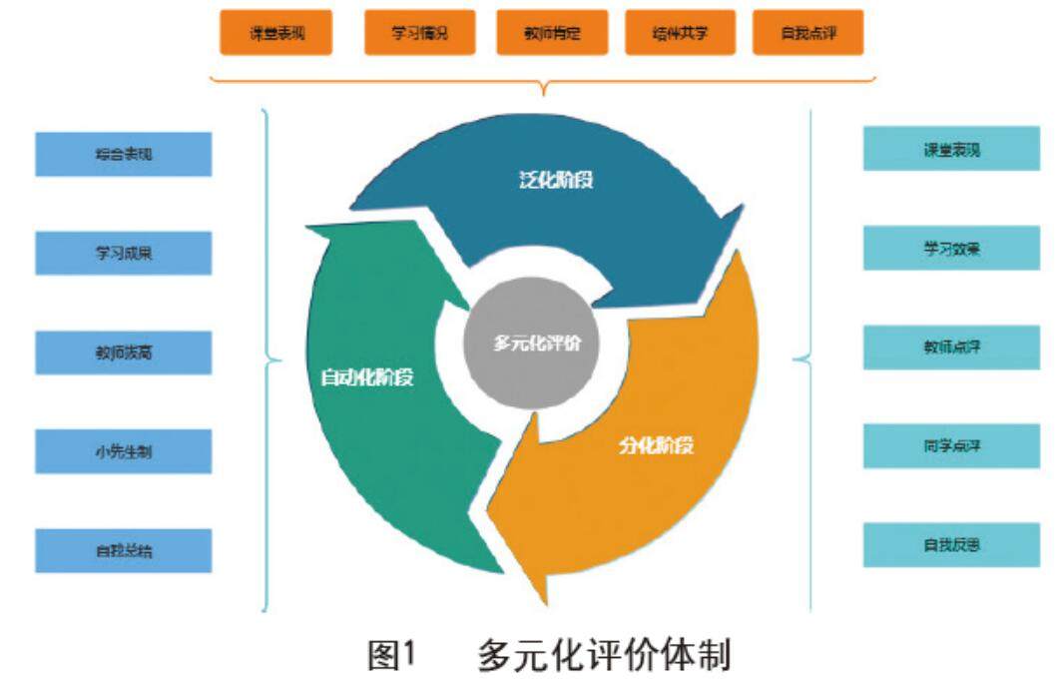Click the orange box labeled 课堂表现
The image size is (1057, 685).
277,34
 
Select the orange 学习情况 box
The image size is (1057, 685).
419,34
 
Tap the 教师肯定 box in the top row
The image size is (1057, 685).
552,34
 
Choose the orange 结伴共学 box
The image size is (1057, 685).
680,34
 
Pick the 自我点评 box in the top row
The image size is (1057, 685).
807,34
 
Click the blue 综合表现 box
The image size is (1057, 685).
124,155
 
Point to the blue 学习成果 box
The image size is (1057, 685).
124,254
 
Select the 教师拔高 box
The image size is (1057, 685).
124,352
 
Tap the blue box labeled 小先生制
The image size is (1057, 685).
124,451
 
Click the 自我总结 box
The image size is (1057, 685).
124,550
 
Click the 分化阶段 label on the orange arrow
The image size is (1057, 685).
656,445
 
